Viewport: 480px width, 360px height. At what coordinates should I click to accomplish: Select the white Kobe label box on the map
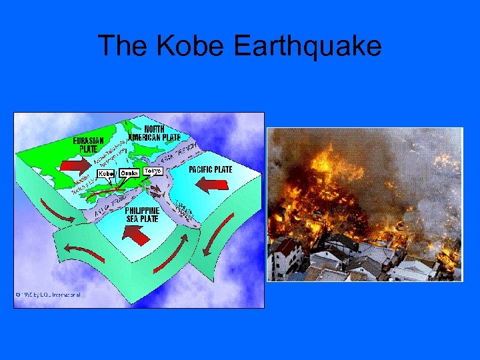click(107, 173)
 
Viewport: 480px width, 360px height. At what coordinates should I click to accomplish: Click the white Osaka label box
click(130, 173)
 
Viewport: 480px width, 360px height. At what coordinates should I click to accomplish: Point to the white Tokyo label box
click(153, 171)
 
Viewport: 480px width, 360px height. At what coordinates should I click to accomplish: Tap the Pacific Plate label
click(211, 169)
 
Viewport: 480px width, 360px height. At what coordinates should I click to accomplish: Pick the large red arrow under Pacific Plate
click(215, 185)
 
